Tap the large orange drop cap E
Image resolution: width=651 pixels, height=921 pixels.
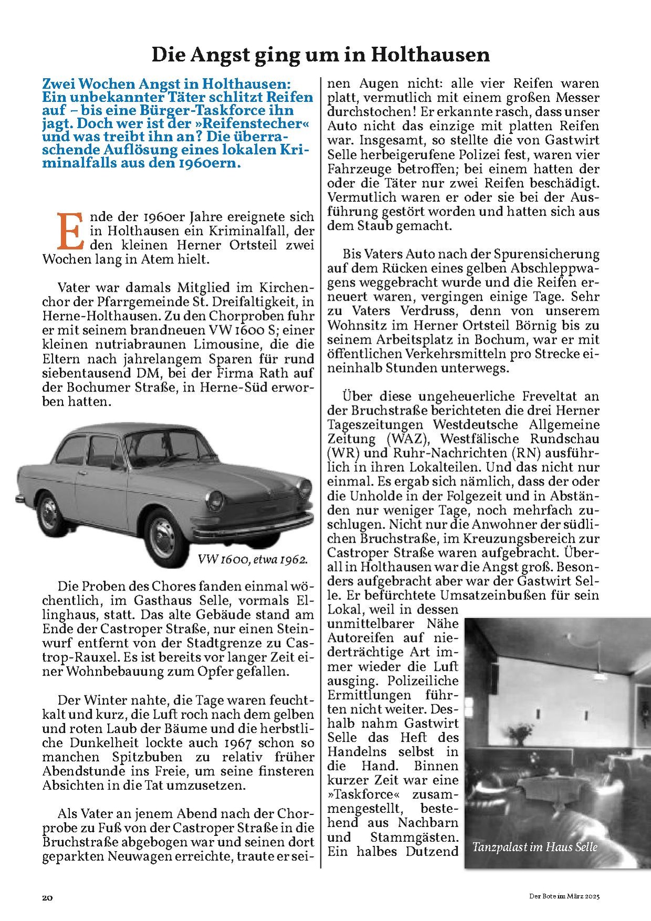70,231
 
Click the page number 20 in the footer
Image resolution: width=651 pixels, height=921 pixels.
47,897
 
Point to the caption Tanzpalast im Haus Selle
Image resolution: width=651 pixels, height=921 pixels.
534,847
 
